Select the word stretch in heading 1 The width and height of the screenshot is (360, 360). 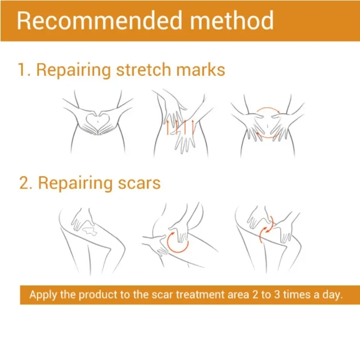(143, 70)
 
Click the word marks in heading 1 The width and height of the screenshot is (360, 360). (200, 70)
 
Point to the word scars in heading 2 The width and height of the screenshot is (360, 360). (139, 184)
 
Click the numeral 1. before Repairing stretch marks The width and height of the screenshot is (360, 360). (24, 70)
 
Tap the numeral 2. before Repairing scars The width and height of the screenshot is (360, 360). (26, 183)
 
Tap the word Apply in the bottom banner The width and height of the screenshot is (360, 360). (43, 295)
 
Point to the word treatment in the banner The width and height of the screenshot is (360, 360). (200, 295)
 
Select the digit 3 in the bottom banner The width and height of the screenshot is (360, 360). (277, 295)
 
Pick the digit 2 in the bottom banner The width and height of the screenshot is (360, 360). (255, 295)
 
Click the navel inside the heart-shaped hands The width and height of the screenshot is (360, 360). (98, 121)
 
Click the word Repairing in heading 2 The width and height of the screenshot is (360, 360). (75, 184)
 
